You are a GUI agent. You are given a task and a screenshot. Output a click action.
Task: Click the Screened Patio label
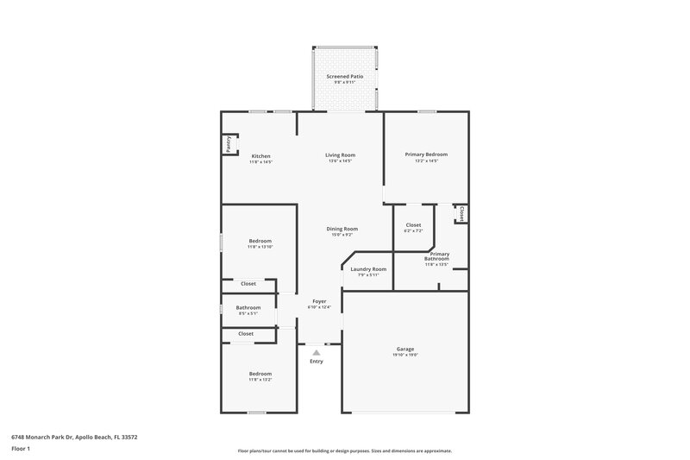click(x=345, y=77)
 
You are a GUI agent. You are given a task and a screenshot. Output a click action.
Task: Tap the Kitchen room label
click(x=260, y=156)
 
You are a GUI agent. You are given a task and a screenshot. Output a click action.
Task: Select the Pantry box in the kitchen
click(x=228, y=145)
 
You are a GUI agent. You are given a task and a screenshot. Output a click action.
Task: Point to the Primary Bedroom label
click(x=426, y=154)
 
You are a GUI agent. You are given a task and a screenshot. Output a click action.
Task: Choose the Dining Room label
click(x=342, y=229)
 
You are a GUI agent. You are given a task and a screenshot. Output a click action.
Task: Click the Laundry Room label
click(x=368, y=268)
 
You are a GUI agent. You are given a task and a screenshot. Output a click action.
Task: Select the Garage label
click(x=405, y=349)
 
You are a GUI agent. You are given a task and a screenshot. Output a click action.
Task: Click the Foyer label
click(x=319, y=301)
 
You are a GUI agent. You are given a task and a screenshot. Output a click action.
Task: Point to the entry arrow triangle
click(x=317, y=352)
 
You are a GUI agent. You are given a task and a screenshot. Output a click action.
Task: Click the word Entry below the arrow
click(x=317, y=361)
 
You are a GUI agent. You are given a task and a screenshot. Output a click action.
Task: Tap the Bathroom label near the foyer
click(x=248, y=307)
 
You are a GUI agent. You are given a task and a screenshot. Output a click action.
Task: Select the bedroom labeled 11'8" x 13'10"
click(x=260, y=243)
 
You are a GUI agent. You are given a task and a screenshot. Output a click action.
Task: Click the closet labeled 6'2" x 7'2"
click(x=413, y=228)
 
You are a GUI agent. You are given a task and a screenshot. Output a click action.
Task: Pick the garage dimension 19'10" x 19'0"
click(x=405, y=355)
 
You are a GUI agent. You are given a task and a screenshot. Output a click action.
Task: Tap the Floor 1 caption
click(x=21, y=450)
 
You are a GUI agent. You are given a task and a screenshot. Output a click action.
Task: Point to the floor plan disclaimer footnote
click(x=344, y=451)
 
